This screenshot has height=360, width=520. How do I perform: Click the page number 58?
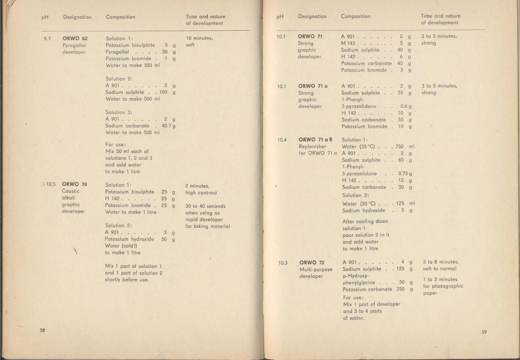click(x=42, y=330)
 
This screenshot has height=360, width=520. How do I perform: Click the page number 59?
click(x=484, y=332)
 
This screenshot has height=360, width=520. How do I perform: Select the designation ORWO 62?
click(x=75, y=39)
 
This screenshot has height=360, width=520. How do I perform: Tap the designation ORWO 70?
click(x=74, y=184)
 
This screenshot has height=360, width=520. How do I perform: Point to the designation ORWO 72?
click(x=312, y=262)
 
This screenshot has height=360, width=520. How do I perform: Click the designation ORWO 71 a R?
click(x=315, y=140)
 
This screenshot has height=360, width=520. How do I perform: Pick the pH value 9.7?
click(x=47, y=39)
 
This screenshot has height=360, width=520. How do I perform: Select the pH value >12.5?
click(x=48, y=184)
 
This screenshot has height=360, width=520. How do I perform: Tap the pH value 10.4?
click(x=282, y=140)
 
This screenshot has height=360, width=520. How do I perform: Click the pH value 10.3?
click(x=283, y=263)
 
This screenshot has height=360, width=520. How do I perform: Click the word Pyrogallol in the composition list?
click(x=117, y=52)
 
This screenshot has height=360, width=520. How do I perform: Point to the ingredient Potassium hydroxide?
click(x=129, y=239)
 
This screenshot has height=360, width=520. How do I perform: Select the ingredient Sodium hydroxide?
click(x=364, y=210)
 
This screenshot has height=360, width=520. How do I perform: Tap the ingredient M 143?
click(x=348, y=43)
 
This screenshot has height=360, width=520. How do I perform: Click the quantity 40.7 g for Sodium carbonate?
click(x=169, y=126)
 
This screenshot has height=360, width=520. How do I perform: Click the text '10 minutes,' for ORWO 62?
click(x=199, y=38)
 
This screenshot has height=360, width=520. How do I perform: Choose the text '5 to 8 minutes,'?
click(x=441, y=262)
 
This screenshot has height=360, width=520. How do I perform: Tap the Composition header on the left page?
click(x=120, y=17)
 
